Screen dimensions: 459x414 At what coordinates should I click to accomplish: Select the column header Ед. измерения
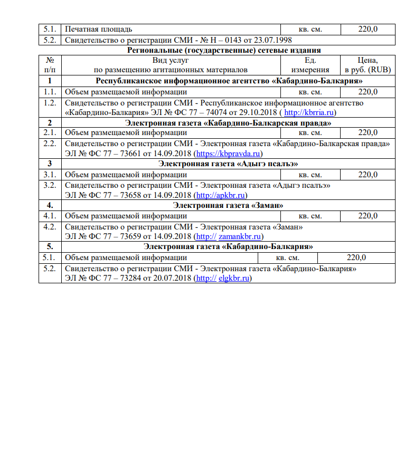coord(310,65)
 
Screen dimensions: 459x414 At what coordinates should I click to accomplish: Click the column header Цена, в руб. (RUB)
coord(368,65)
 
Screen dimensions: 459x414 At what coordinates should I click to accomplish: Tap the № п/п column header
coord(50,65)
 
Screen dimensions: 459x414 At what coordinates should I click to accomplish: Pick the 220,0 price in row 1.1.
coord(368,92)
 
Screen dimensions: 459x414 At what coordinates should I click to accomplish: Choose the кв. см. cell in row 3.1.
coord(310,174)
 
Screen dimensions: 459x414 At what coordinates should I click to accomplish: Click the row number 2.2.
coord(50,144)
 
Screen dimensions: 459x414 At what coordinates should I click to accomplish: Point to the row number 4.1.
coord(50,215)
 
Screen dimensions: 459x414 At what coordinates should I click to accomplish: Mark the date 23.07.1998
coord(274,40)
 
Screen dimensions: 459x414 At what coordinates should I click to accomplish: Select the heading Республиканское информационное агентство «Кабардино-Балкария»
coord(229,81)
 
